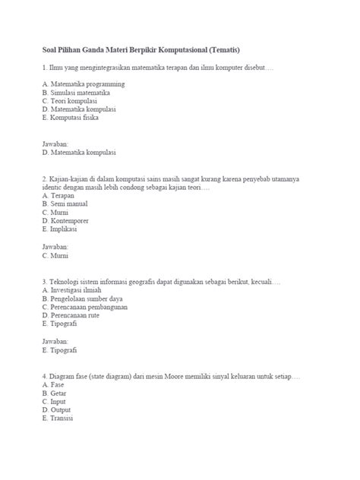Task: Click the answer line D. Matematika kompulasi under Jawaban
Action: (x=80, y=153)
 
